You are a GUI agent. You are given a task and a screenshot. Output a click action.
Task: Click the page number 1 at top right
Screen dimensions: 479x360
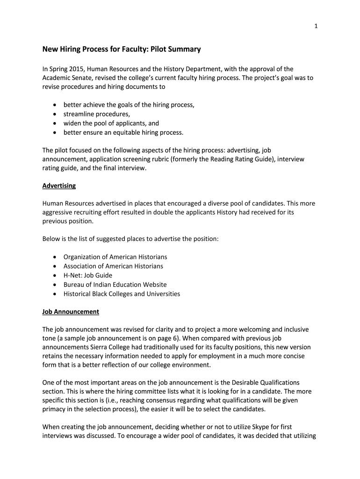click(x=317, y=26)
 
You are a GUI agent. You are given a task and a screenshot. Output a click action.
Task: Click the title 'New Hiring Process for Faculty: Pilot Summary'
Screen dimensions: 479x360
click(x=122, y=49)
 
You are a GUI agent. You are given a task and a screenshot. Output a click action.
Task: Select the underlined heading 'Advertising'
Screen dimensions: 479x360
click(x=59, y=186)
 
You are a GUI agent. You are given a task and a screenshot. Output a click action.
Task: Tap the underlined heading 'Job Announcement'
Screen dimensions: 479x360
click(x=71, y=311)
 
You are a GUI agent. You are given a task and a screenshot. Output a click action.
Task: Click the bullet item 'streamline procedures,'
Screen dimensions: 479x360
click(x=97, y=114)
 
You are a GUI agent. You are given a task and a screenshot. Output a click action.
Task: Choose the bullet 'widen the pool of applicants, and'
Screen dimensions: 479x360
click(x=111, y=123)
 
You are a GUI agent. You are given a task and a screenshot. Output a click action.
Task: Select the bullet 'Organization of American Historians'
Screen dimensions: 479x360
click(x=115, y=257)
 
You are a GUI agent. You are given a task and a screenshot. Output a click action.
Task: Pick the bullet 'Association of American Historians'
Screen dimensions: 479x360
click(x=113, y=266)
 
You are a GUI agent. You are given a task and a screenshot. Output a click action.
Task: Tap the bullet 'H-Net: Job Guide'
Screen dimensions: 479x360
click(x=88, y=275)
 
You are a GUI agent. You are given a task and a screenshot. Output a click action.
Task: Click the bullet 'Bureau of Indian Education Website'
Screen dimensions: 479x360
click(x=115, y=284)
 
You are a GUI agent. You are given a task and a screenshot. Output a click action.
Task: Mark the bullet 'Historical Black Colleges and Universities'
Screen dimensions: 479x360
click(x=122, y=294)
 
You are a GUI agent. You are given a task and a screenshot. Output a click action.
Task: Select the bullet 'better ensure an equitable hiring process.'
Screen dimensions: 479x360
click(x=123, y=132)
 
